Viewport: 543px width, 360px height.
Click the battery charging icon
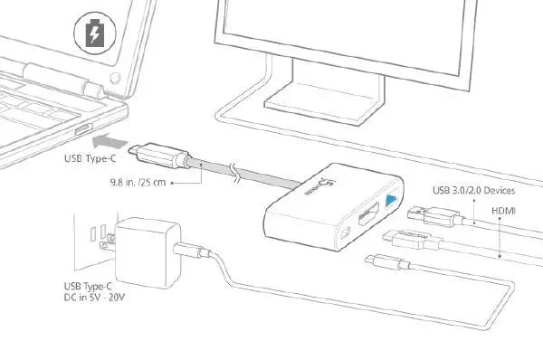coord(94,35)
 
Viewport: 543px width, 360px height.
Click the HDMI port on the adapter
coord(369,217)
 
